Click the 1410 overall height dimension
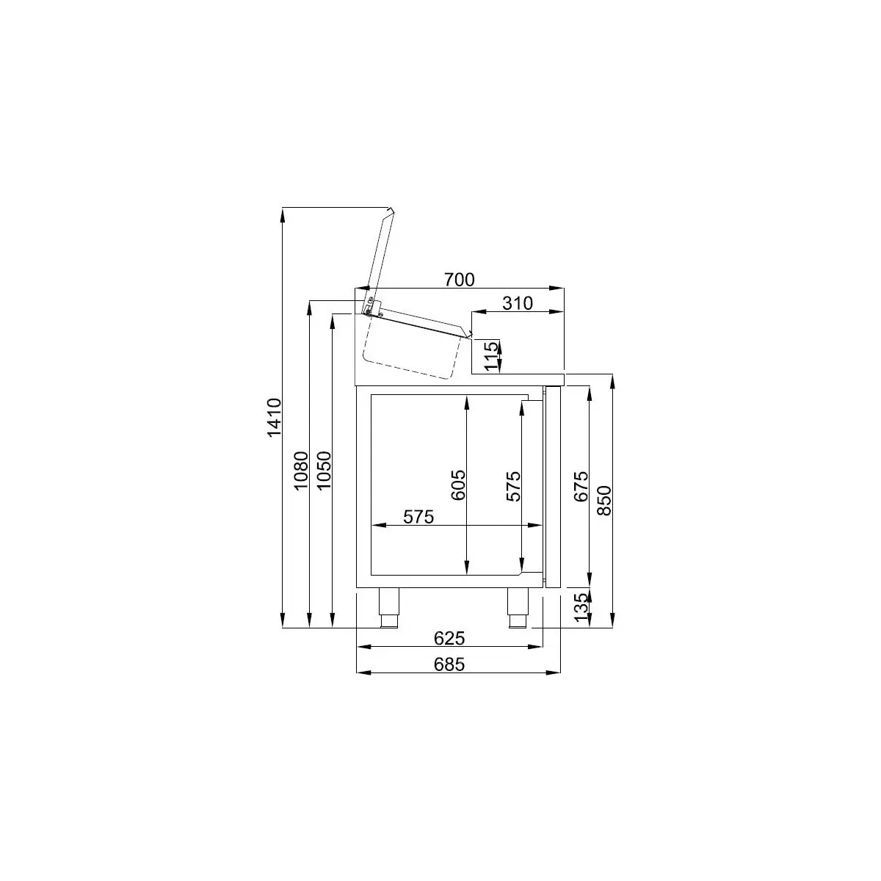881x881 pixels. point(275,418)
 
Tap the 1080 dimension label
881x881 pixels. point(301,471)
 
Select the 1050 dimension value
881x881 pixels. point(324,471)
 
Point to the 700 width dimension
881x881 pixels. point(460,279)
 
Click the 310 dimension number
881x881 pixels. point(518,302)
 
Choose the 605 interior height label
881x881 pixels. point(458,485)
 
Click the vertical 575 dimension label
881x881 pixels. point(513,486)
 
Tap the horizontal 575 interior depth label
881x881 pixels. point(418,517)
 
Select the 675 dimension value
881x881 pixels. point(581,486)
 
